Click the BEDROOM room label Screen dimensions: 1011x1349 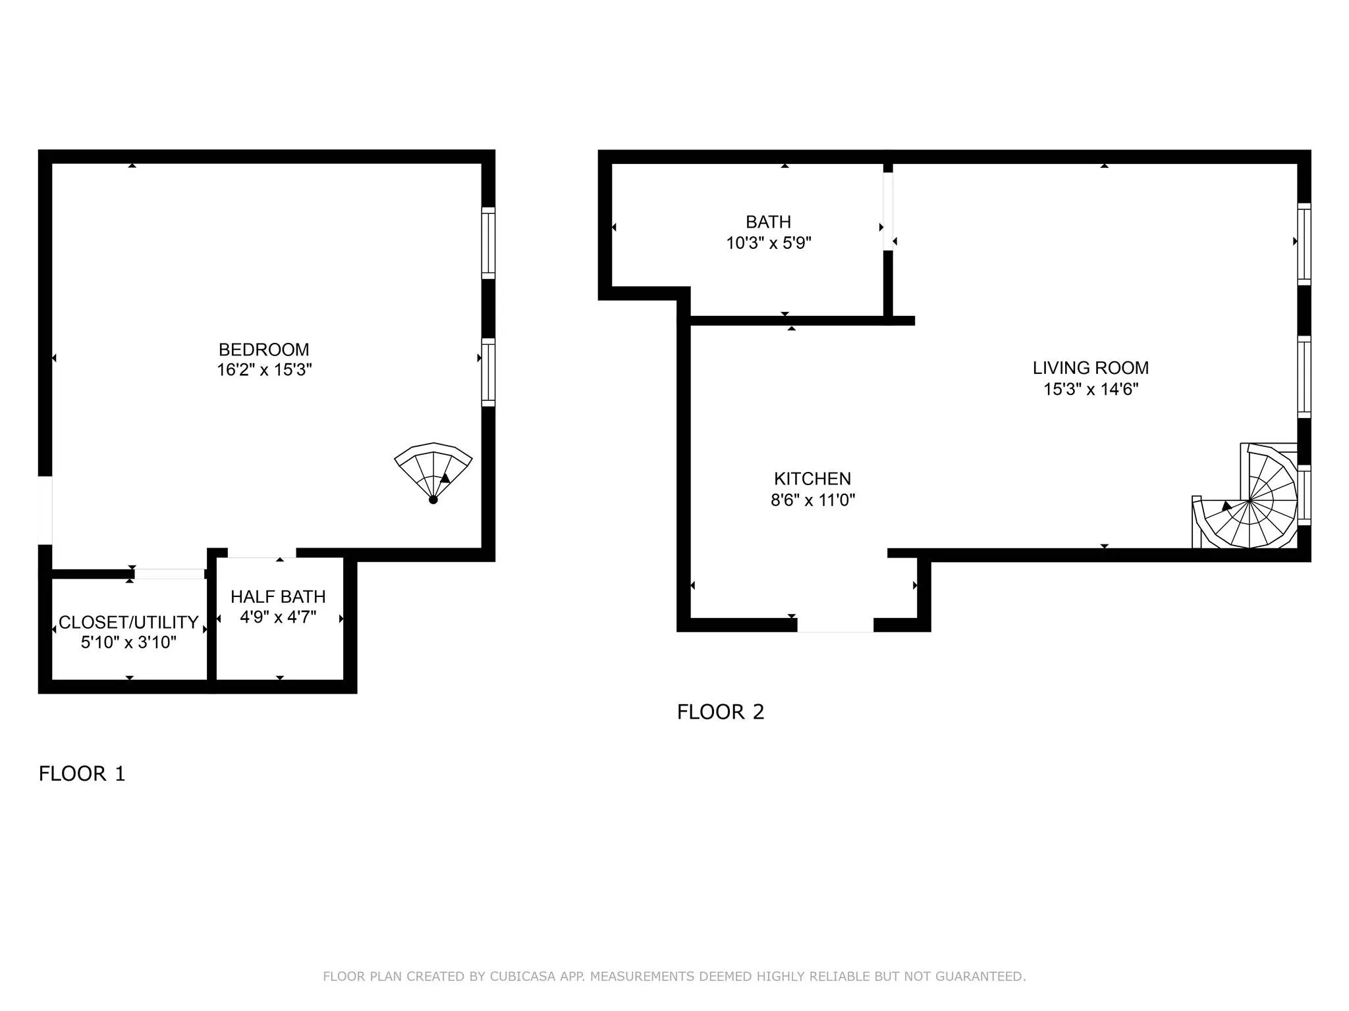tap(263, 350)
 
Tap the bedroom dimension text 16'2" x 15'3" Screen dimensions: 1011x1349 tap(263, 370)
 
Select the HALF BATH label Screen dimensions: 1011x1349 tap(278, 596)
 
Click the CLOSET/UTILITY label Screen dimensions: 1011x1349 tap(128, 622)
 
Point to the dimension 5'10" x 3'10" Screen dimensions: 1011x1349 tap(128, 642)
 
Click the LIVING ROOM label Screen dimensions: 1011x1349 tap(1090, 368)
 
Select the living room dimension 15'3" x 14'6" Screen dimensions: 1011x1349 tap(1090, 389)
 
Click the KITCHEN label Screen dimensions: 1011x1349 tap(812, 479)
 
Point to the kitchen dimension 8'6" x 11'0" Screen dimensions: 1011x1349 tap(812, 500)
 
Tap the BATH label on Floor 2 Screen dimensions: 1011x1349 tap(768, 222)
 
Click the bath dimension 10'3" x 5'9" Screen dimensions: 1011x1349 tap(768, 243)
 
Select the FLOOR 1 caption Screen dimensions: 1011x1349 tap(82, 773)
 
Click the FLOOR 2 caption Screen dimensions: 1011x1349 tap(721, 712)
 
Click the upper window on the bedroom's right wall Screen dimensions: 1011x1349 tap(488, 243)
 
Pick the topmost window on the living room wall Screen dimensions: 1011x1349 tap(1304, 244)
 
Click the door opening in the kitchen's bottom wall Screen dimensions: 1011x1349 tap(835, 625)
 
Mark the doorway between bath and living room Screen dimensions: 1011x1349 tap(888, 211)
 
